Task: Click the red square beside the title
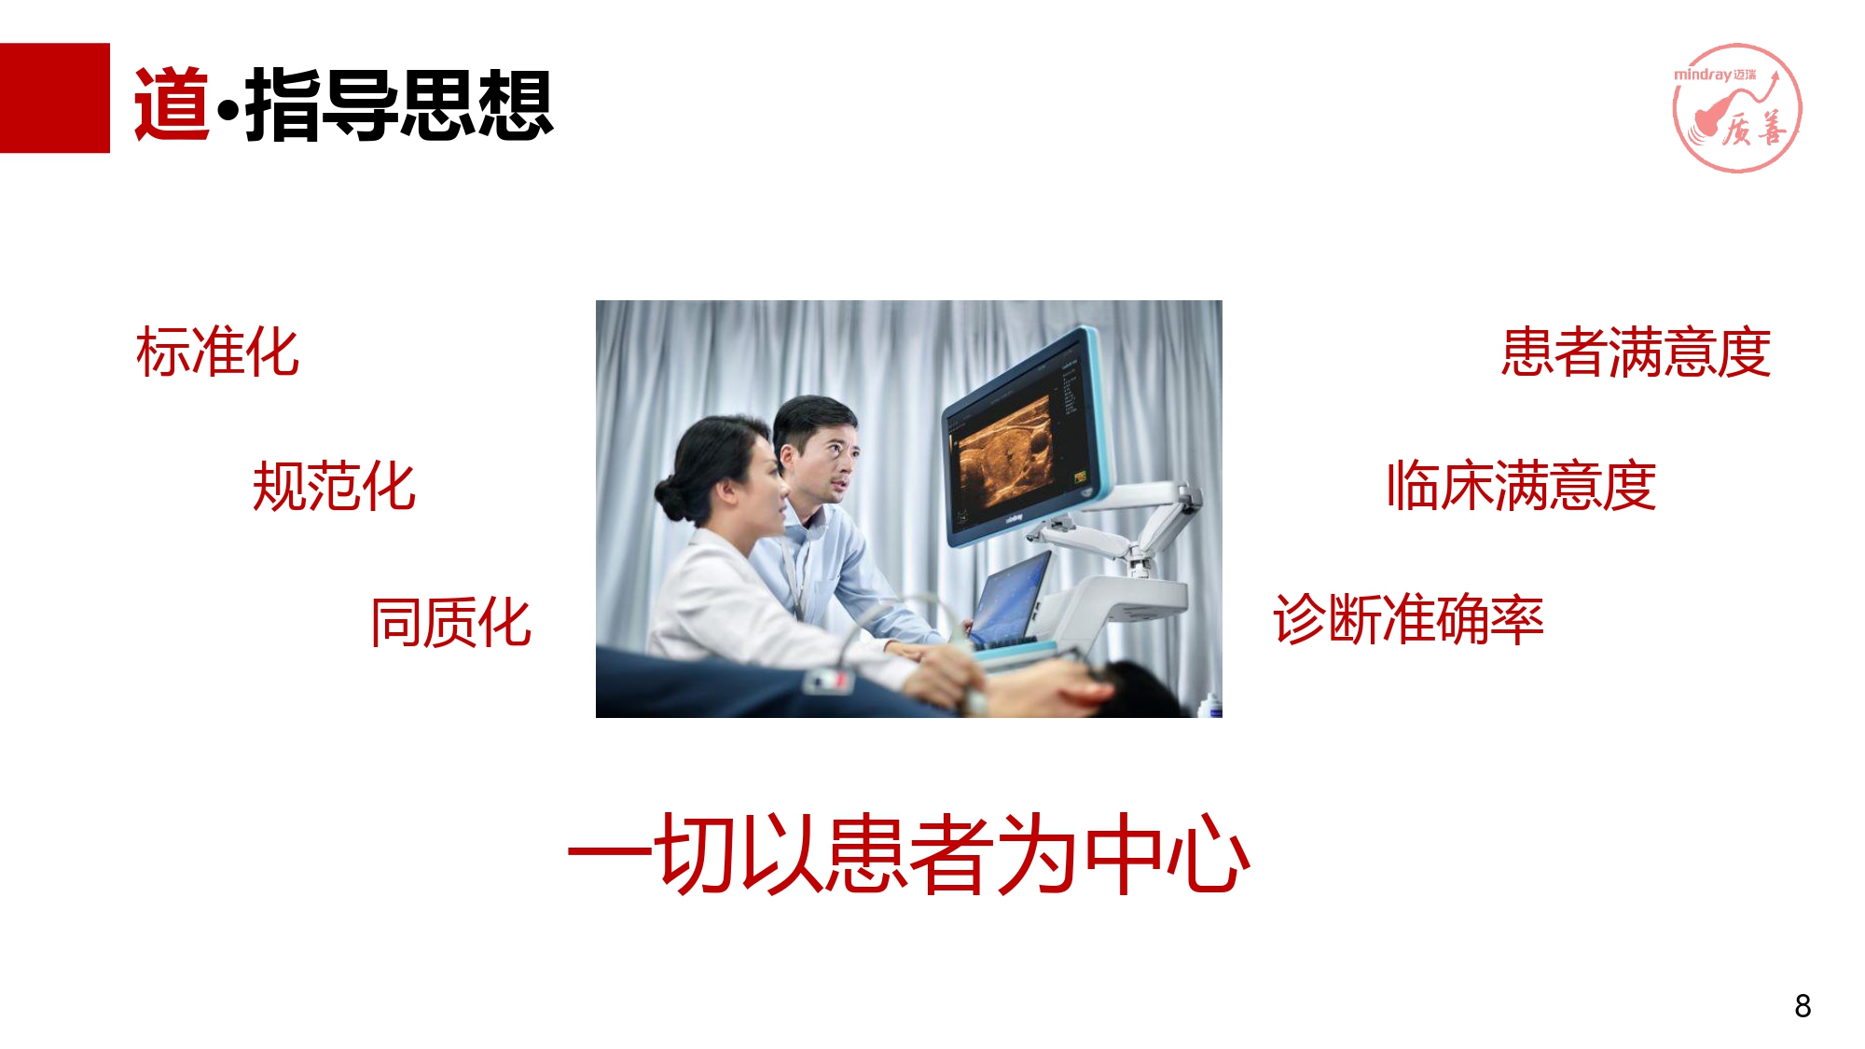[x=54, y=98]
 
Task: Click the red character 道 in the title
[x=173, y=104]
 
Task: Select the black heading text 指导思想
[x=399, y=104]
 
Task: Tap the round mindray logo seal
[x=1736, y=107]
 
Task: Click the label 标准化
[x=217, y=352]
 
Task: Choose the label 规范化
[x=334, y=486]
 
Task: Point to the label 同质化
[x=451, y=622]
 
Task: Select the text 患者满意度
[x=1637, y=352]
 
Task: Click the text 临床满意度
[x=1521, y=486]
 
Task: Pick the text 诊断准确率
[x=1408, y=619]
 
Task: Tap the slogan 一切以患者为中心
[x=909, y=853]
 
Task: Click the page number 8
[x=1803, y=1006]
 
